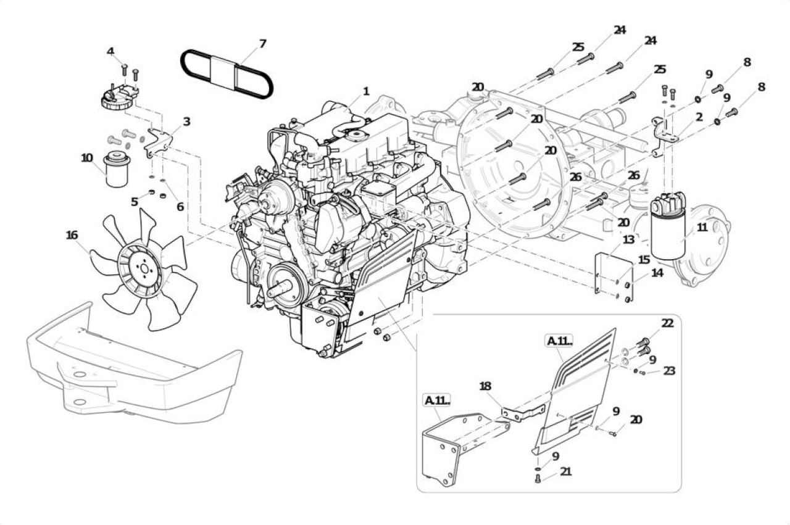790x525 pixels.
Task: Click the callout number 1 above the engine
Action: (366, 92)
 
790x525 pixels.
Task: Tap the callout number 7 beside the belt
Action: (262, 44)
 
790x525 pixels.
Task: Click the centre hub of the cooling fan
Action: (144, 269)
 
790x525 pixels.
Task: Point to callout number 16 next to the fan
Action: (72, 235)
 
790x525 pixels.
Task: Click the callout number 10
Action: (87, 158)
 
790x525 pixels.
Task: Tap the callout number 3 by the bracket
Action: (186, 122)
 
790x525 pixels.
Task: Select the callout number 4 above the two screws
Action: (110, 51)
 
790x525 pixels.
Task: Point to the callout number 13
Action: (628, 240)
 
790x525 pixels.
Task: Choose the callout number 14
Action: (657, 273)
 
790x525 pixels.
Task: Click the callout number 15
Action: (644, 260)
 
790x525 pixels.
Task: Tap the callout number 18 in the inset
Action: (485, 386)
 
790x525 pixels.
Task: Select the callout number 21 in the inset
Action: (566, 471)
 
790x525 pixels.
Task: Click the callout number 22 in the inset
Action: (667, 323)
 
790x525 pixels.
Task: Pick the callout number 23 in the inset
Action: (669, 371)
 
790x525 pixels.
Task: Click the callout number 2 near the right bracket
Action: (699, 117)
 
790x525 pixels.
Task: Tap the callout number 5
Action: (135, 202)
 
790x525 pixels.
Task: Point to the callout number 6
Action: (180, 207)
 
